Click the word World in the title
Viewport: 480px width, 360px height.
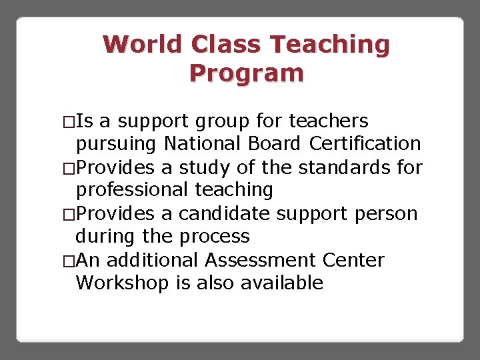click(143, 45)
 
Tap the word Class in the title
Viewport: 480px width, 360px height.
click(227, 45)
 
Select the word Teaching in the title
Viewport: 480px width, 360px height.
click(330, 45)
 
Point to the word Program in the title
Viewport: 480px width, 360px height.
click(246, 73)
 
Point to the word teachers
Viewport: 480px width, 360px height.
click(329, 121)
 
